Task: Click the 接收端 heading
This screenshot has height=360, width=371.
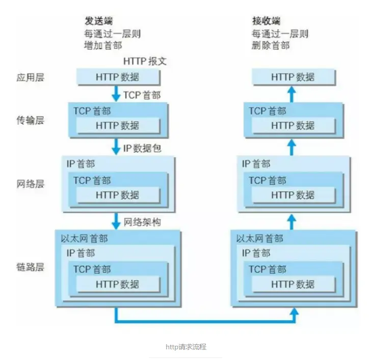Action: [266, 21]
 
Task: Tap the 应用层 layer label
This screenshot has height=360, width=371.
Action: [30, 77]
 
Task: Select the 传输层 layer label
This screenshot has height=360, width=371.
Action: [30, 121]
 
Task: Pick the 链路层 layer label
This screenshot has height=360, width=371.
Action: [30, 267]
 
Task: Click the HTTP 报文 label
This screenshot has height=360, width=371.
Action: [145, 62]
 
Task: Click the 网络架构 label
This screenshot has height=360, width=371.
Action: [143, 223]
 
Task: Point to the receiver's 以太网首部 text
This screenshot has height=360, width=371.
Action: [260, 239]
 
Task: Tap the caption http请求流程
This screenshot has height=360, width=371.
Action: [185, 347]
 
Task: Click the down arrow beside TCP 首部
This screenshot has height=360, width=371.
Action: [117, 94]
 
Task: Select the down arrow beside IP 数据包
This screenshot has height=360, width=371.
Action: [117, 148]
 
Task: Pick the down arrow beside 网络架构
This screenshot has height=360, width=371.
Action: [117, 221]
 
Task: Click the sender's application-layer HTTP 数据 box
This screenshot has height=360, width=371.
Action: [118, 77]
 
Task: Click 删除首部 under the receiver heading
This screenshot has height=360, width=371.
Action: [271, 45]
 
